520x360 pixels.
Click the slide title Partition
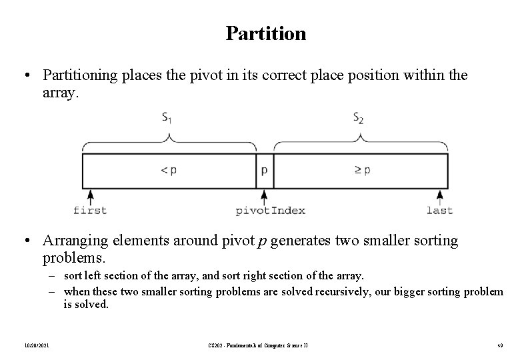266,33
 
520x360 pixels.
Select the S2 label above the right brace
359,119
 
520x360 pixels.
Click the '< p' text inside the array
169,170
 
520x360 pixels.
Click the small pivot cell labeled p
265,170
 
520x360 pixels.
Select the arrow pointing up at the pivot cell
265,196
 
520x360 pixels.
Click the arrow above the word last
439,196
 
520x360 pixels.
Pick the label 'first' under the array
90,211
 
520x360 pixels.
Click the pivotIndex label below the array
271,211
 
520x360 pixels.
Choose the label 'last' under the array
439,211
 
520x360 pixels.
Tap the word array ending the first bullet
60,94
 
